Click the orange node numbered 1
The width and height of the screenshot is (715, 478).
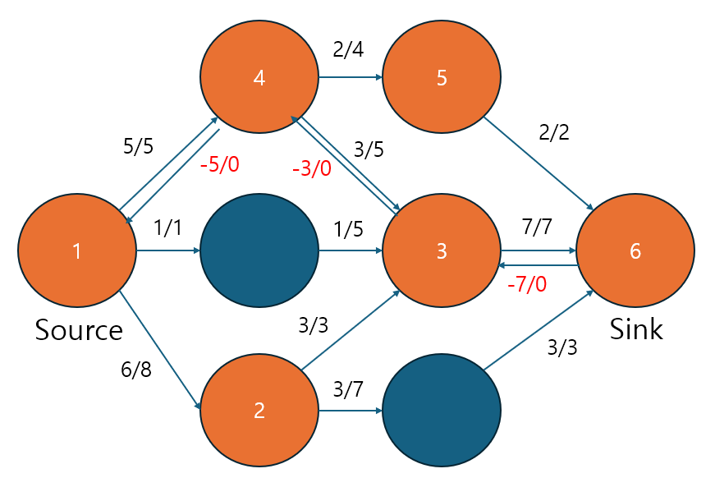pyautogui.click(x=76, y=250)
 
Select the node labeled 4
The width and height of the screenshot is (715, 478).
pyautogui.click(x=259, y=78)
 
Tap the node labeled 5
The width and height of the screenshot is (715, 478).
pyautogui.click(x=442, y=78)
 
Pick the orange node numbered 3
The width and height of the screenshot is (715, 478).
pyautogui.click(x=442, y=250)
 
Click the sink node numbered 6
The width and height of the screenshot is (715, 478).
pyautogui.click(x=635, y=250)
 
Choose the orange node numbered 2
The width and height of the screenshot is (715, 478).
pyautogui.click(x=259, y=409)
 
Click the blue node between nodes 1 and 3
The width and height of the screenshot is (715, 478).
pyautogui.click(x=259, y=250)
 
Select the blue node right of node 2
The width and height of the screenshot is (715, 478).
pyautogui.click(x=442, y=409)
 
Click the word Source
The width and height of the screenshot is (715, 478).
pyautogui.click(x=79, y=330)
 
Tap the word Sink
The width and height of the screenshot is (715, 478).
pyautogui.click(x=636, y=329)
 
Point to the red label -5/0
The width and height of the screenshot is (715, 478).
pyautogui.click(x=219, y=164)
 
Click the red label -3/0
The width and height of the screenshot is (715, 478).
pyautogui.click(x=312, y=170)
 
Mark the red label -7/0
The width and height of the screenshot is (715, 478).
pyautogui.click(x=526, y=285)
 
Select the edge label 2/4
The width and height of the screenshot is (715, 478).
pyautogui.click(x=348, y=49)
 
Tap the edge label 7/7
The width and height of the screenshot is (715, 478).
pyautogui.click(x=538, y=228)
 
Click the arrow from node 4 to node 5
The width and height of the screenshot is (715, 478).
pyautogui.click(x=350, y=78)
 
